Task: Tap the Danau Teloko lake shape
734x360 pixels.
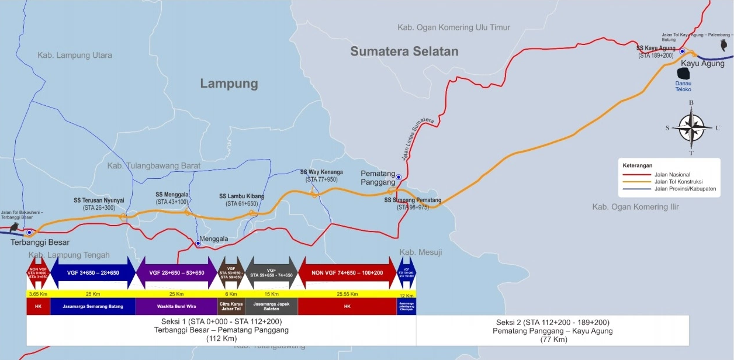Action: [683, 74]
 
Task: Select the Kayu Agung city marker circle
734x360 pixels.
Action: [682, 51]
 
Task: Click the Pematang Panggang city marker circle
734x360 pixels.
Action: [399, 177]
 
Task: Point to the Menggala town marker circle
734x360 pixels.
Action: [198, 243]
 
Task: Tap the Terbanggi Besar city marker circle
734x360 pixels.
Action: [29, 233]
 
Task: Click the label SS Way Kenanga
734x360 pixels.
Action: [321, 172]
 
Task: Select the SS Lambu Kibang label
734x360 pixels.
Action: [241, 196]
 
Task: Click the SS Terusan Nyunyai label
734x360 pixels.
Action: [99, 200]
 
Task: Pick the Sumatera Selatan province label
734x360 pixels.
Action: [404, 51]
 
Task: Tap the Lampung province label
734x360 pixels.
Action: [229, 84]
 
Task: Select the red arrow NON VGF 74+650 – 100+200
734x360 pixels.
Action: [347, 273]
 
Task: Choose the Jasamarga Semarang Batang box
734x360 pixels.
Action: [93, 306]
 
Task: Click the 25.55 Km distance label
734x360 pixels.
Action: [347, 293]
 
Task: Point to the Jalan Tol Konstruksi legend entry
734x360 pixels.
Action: [672, 182]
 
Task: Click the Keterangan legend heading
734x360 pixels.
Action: [637, 166]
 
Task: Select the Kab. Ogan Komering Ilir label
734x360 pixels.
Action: [638, 207]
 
